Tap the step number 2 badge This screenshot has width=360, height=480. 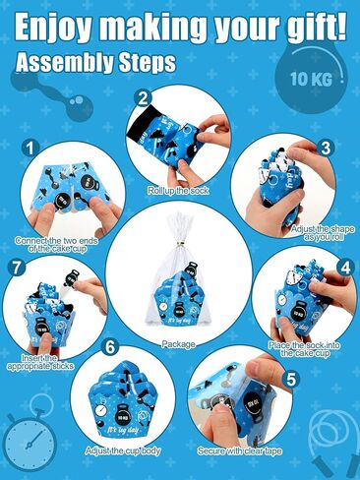point(144,97)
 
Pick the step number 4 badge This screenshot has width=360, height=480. point(344,267)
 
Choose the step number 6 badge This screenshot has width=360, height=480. point(110,346)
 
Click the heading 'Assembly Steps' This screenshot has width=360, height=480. point(95,63)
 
